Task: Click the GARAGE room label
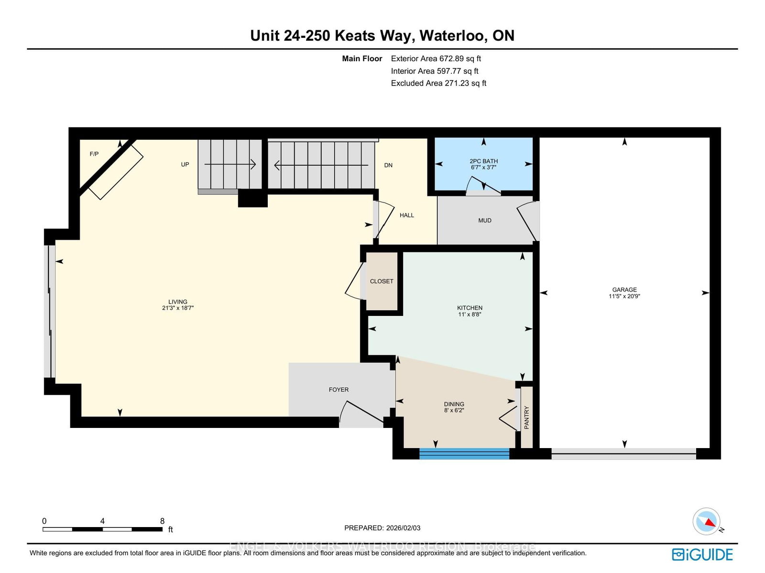click(624, 290)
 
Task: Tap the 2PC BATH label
click(483, 161)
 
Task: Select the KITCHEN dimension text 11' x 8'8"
click(469, 315)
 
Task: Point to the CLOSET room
click(382, 281)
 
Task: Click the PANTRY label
click(526, 417)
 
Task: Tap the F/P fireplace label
click(94, 154)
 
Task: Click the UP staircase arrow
click(230, 165)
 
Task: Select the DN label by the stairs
click(388, 165)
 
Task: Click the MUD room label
click(484, 221)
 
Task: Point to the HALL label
click(406, 215)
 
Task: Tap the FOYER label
click(339, 390)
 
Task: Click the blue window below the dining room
click(464, 453)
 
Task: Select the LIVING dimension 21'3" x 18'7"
click(177, 308)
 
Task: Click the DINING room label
click(454, 404)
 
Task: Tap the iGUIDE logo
click(702, 554)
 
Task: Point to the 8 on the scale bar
click(162, 521)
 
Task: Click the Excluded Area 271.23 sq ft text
click(438, 83)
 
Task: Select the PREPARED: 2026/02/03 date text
click(382, 528)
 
